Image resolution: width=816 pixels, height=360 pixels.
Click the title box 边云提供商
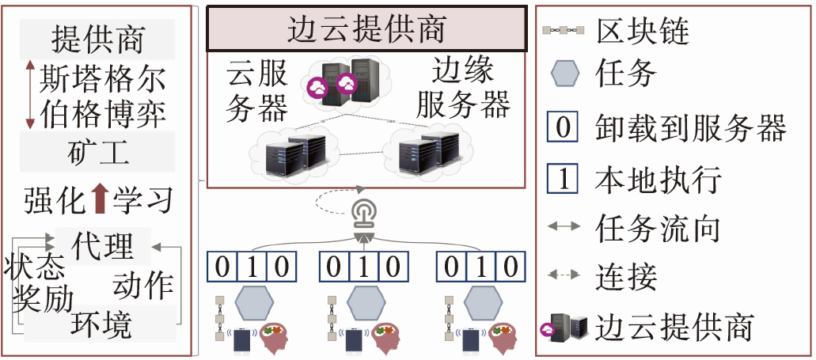[367, 29]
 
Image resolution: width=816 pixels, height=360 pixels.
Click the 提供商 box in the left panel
[98, 37]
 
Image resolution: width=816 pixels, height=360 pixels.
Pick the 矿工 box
[98, 151]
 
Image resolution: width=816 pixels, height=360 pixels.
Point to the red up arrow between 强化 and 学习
[100, 199]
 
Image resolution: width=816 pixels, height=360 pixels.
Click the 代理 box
[102, 246]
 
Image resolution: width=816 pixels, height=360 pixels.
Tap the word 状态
[34, 268]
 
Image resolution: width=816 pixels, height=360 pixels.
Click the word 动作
[143, 285]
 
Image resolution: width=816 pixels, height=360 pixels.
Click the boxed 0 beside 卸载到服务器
[563, 127]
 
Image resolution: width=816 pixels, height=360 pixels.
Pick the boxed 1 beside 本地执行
[563, 180]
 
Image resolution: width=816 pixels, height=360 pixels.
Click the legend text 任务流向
[658, 229]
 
